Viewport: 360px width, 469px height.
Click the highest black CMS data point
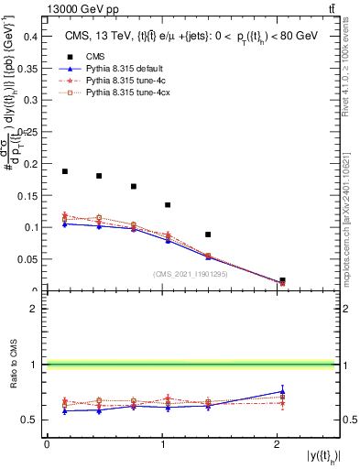65,171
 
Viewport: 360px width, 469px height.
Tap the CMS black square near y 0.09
208,234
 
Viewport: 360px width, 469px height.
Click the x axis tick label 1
161,443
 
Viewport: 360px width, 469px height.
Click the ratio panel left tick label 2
35,309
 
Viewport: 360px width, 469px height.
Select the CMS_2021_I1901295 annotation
191,274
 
